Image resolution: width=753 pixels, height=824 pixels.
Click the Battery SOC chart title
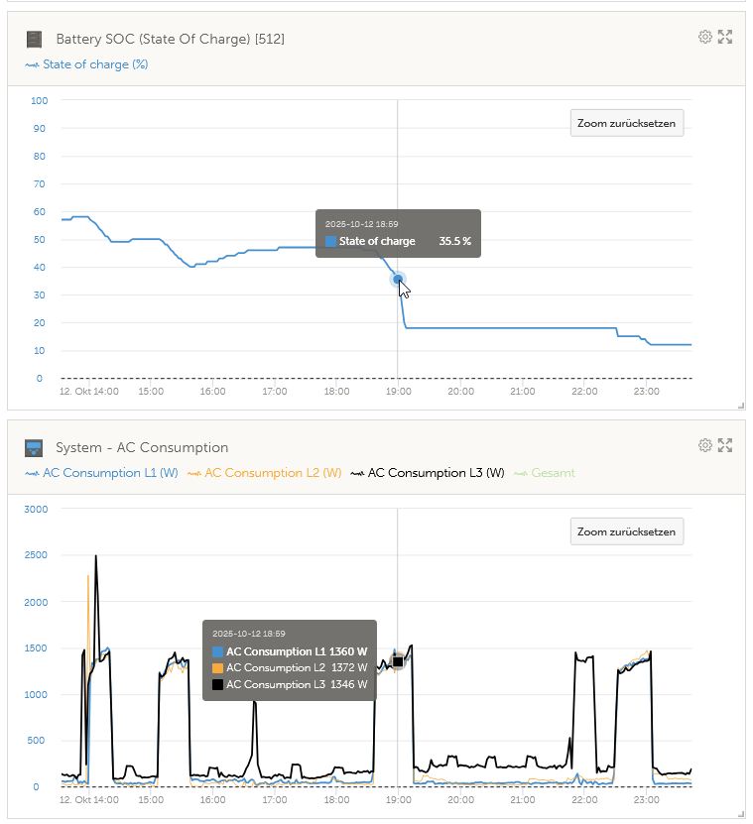coord(171,39)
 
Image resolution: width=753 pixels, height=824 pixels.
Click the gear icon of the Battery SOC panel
coord(705,37)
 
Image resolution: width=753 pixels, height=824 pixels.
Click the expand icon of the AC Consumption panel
coord(725,445)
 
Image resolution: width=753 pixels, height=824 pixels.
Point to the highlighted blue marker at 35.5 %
coord(398,280)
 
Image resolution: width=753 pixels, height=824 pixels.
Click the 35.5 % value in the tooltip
coord(454,241)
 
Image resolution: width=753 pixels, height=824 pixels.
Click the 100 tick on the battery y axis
coord(40,100)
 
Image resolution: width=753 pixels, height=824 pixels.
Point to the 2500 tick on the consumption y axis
coord(36,555)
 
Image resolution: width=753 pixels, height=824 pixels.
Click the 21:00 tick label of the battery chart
coord(522,392)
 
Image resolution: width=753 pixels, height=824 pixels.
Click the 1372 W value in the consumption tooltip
coord(348,668)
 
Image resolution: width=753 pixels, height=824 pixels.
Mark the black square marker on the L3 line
coord(398,661)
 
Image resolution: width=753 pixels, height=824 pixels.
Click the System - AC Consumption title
coord(142,447)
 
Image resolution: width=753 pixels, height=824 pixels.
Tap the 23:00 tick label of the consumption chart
coord(646,799)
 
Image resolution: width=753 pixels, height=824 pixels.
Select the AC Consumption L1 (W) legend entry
coord(109,473)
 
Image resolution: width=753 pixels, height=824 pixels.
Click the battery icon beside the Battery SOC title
coord(35,39)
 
